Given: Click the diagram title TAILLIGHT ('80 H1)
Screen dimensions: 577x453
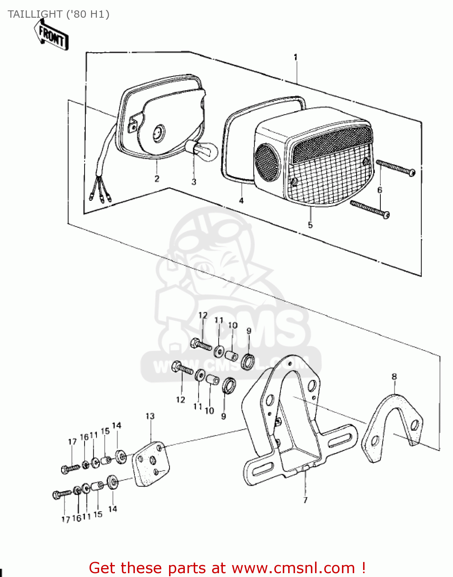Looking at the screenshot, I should (58, 14).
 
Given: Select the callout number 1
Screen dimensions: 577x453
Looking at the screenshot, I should (295, 57).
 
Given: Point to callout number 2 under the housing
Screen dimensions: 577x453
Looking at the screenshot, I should (157, 178).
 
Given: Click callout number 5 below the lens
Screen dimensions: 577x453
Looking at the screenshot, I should (310, 225).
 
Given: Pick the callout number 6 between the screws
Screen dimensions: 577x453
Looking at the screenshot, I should (380, 190).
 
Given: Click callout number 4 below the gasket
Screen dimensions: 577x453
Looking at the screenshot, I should (241, 200).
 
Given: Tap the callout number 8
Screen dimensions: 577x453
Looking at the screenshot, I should (394, 377).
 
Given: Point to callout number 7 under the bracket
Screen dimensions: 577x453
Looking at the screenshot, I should (305, 500).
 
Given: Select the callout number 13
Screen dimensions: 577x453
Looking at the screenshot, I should (150, 416).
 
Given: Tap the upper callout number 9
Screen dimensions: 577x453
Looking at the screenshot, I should (249, 331).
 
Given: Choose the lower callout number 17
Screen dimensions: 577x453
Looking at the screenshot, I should (66, 519).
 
